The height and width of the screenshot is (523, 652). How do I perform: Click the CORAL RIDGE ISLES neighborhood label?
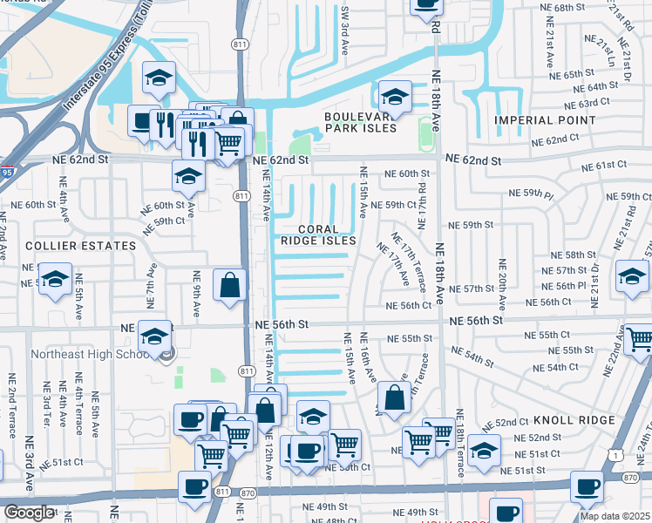click(x=318, y=234)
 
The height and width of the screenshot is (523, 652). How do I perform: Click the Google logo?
click(x=29, y=513)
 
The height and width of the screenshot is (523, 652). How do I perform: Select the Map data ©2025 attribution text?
click(x=614, y=516)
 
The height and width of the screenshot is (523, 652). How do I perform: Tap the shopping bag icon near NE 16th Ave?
click(x=395, y=397)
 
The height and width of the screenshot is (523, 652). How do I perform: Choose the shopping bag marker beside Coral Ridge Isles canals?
click(x=229, y=284)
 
